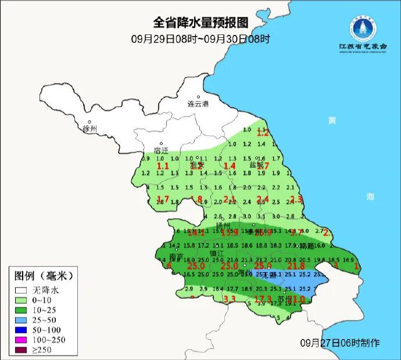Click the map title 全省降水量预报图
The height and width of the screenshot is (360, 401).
(x=201, y=23)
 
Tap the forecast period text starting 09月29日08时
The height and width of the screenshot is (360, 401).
(x=201, y=39)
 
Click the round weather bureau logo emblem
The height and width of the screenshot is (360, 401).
(x=362, y=27)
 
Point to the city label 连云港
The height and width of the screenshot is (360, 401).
(x=198, y=104)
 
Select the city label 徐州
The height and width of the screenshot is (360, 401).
(x=90, y=128)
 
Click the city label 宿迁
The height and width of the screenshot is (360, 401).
(x=160, y=150)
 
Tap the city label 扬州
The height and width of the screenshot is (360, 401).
(x=224, y=225)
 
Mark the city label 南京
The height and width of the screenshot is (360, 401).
(x=176, y=256)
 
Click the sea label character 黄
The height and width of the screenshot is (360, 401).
(x=331, y=120)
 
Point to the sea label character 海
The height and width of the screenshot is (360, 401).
(x=370, y=197)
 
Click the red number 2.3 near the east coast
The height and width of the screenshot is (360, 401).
(x=296, y=199)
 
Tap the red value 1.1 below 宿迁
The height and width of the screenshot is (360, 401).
(x=163, y=166)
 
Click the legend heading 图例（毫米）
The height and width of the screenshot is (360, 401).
(x=43, y=275)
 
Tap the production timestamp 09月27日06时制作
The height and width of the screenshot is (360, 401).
(x=340, y=342)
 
